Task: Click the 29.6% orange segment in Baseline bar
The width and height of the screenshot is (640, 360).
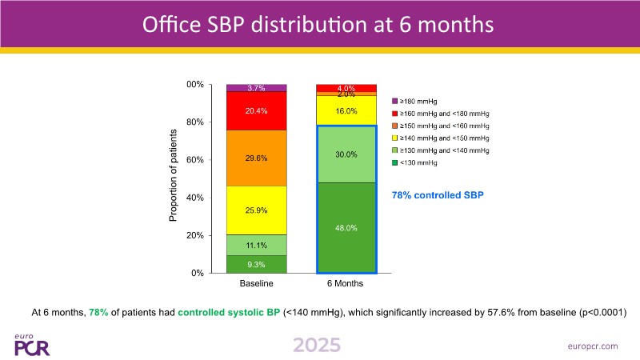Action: (256, 158)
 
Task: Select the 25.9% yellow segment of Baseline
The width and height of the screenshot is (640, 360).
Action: (256, 210)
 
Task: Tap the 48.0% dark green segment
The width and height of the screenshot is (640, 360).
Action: (346, 228)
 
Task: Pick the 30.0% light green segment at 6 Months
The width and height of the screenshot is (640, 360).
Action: (346, 154)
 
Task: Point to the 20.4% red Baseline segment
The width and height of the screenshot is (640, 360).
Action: (256, 110)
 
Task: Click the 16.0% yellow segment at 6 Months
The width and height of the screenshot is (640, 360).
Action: (346, 110)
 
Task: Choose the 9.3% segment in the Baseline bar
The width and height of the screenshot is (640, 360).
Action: (256, 264)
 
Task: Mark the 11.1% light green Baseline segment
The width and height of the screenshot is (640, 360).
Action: (256, 245)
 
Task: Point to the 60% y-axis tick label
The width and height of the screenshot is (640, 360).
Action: (194, 160)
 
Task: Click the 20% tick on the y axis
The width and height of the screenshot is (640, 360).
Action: (194, 235)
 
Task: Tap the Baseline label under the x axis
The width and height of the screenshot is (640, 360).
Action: (256, 284)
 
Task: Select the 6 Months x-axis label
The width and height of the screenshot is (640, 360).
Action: (346, 284)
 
